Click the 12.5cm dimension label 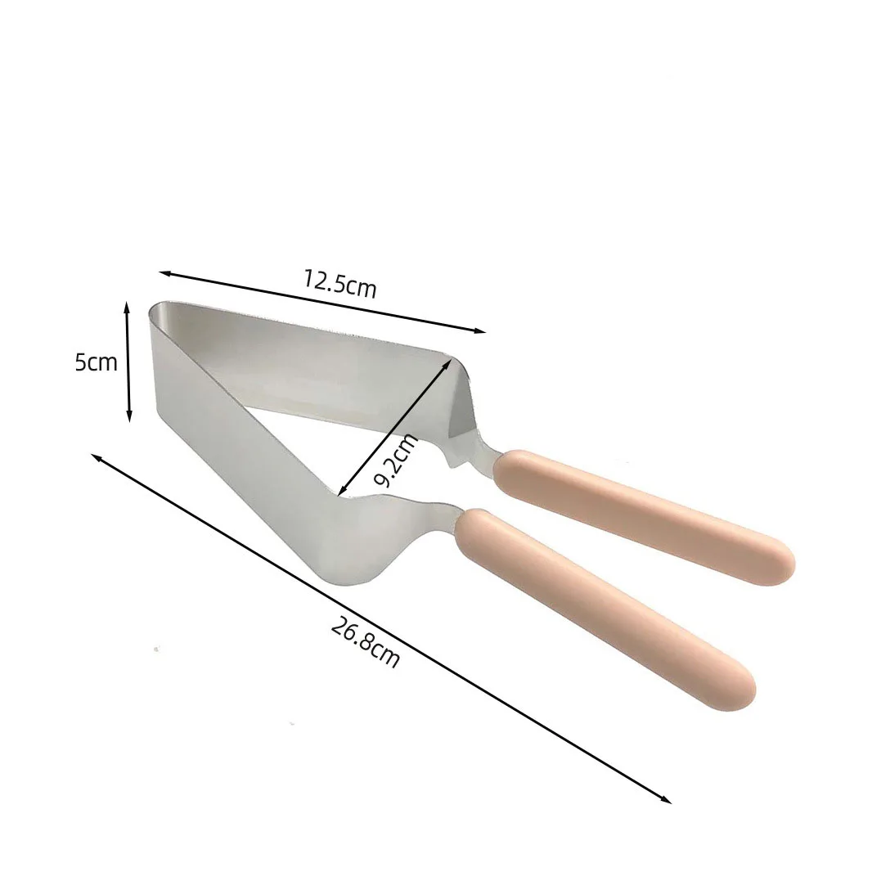339,284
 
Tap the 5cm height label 97,362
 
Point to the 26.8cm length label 366,642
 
